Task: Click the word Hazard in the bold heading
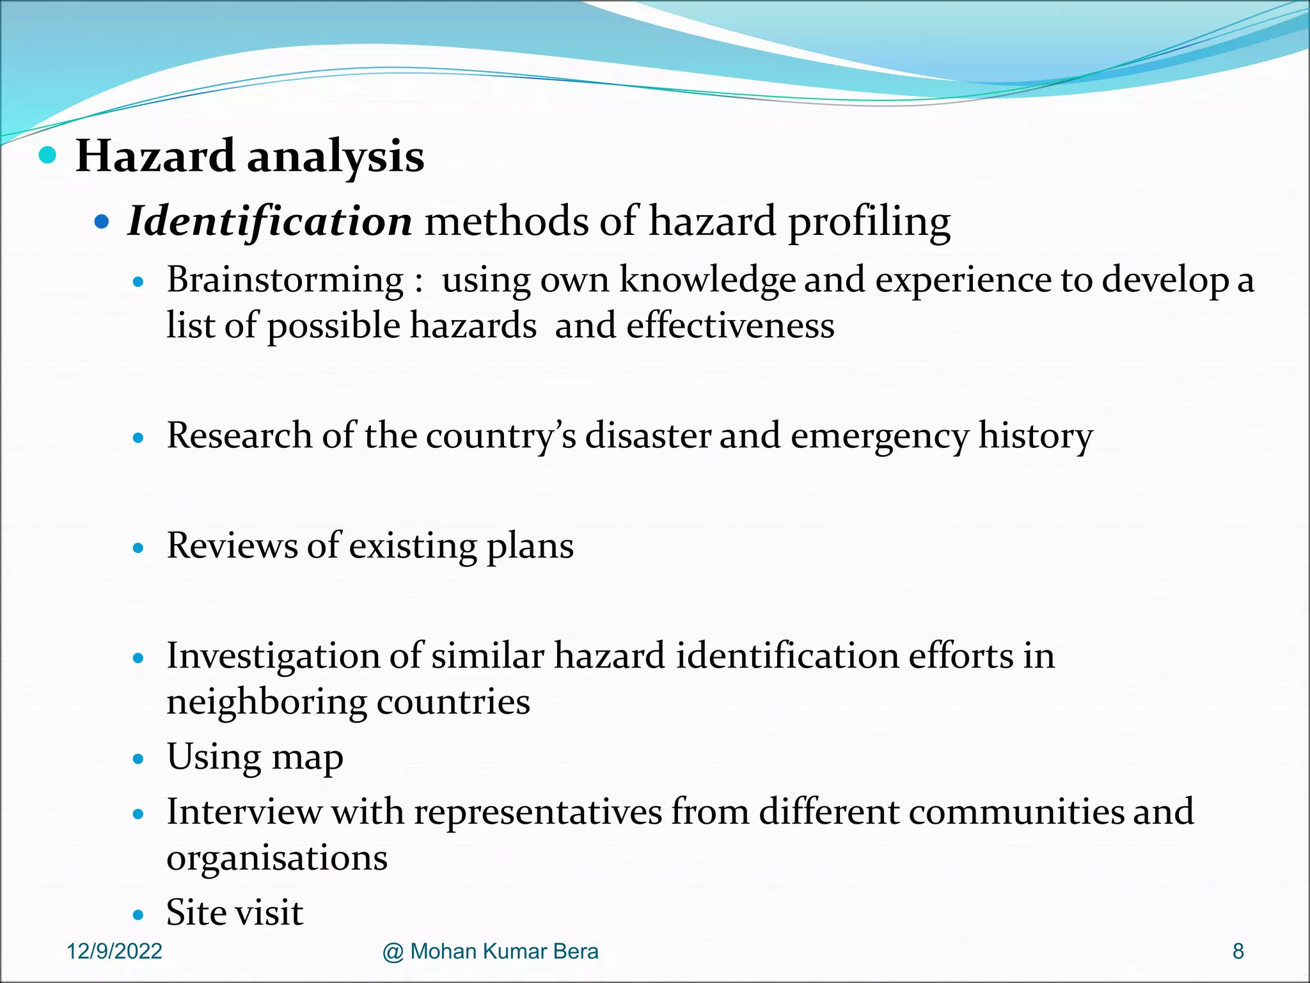point(155,156)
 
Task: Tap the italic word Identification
point(270,221)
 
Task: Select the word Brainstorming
point(285,280)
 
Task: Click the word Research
point(239,436)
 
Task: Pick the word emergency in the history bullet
point(880,437)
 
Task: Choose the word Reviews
point(232,546)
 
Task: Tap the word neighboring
point(267,702)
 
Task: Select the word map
point(307,758)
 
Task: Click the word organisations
point(277,858)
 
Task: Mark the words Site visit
point(235,913)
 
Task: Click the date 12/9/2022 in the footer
point(114,952)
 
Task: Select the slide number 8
point(1238,952)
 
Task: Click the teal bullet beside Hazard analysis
point(47,155)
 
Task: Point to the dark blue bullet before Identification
point(102,222)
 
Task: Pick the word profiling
point(869,223)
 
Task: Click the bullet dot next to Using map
point(138,760)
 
